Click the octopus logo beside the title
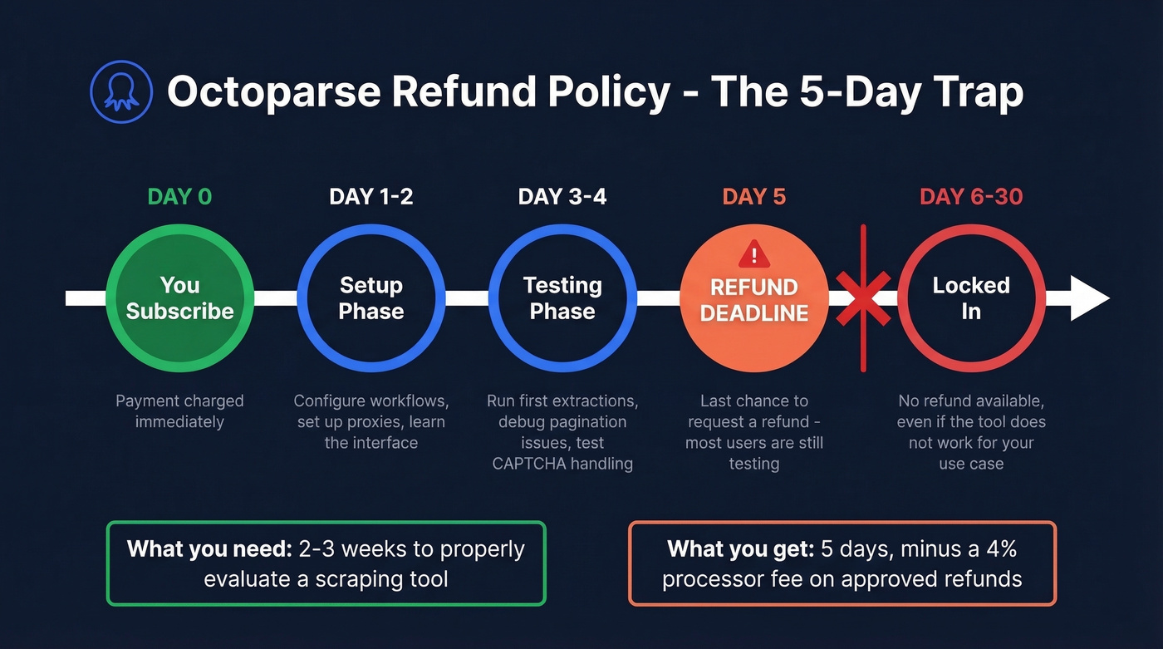point(121,92)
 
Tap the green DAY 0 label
point(179,197)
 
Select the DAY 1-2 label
point(371,197)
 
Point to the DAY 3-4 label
point(562,197)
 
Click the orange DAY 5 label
point(753,197)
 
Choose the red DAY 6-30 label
point(971,197)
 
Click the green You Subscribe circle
point(180,298)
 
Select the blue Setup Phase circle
point(371,298)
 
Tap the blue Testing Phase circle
point(562,298)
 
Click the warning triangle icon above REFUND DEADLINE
point(754,253)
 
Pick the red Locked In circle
point(971,298)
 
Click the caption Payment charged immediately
point(179,411)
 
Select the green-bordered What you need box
point(326,563)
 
